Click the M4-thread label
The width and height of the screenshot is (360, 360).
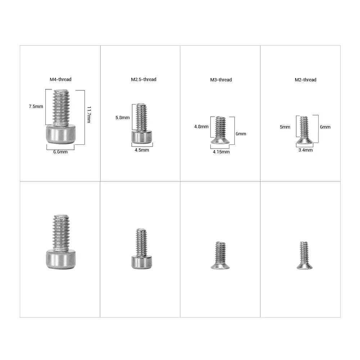60,80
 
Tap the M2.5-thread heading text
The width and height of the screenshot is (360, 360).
144,80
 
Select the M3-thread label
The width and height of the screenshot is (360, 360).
221,80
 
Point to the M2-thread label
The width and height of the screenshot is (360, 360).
306,80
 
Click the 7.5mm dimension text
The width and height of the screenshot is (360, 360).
36,107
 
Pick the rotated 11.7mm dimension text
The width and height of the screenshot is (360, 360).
89,114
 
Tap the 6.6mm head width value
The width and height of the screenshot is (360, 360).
60,152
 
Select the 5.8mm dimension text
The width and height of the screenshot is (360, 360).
123,118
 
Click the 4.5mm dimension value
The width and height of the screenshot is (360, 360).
142,150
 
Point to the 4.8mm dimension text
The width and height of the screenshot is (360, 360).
201,127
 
